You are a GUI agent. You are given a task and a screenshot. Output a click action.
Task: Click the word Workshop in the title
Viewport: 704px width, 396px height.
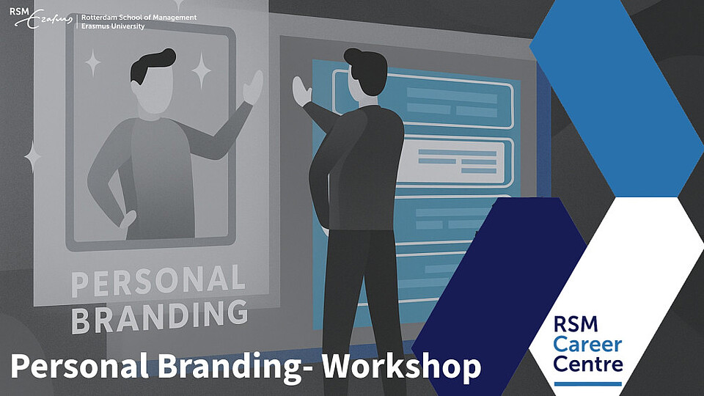tap(401, 367)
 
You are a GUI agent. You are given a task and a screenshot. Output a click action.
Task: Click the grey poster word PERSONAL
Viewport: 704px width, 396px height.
tap(158, 279)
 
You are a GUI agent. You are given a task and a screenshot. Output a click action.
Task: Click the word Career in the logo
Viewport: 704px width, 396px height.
tap(587, 345)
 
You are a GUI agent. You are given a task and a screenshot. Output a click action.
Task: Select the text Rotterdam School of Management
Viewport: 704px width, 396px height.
tap(139, 18)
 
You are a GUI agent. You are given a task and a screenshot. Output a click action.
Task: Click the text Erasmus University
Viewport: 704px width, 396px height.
tap(113, 26)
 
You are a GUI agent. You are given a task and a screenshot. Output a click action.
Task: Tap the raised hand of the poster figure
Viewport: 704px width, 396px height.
tap(253, 87)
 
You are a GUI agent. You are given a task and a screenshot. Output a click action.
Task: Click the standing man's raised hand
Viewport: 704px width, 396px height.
tap(301, 91)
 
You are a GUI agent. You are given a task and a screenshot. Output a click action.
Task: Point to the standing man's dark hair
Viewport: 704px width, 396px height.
tap(367, 70)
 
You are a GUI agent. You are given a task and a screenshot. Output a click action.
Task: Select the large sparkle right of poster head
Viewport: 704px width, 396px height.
tap(201, 70)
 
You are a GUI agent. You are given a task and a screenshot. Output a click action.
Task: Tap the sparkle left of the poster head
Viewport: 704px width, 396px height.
tap(93, 62)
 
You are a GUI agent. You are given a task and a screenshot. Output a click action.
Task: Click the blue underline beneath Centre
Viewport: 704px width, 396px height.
tap(587, 384)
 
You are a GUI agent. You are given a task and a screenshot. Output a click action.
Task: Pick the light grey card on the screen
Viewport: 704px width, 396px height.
tap(455, 161)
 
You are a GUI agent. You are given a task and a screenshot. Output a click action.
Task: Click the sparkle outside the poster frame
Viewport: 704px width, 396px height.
tap(32, 157)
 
